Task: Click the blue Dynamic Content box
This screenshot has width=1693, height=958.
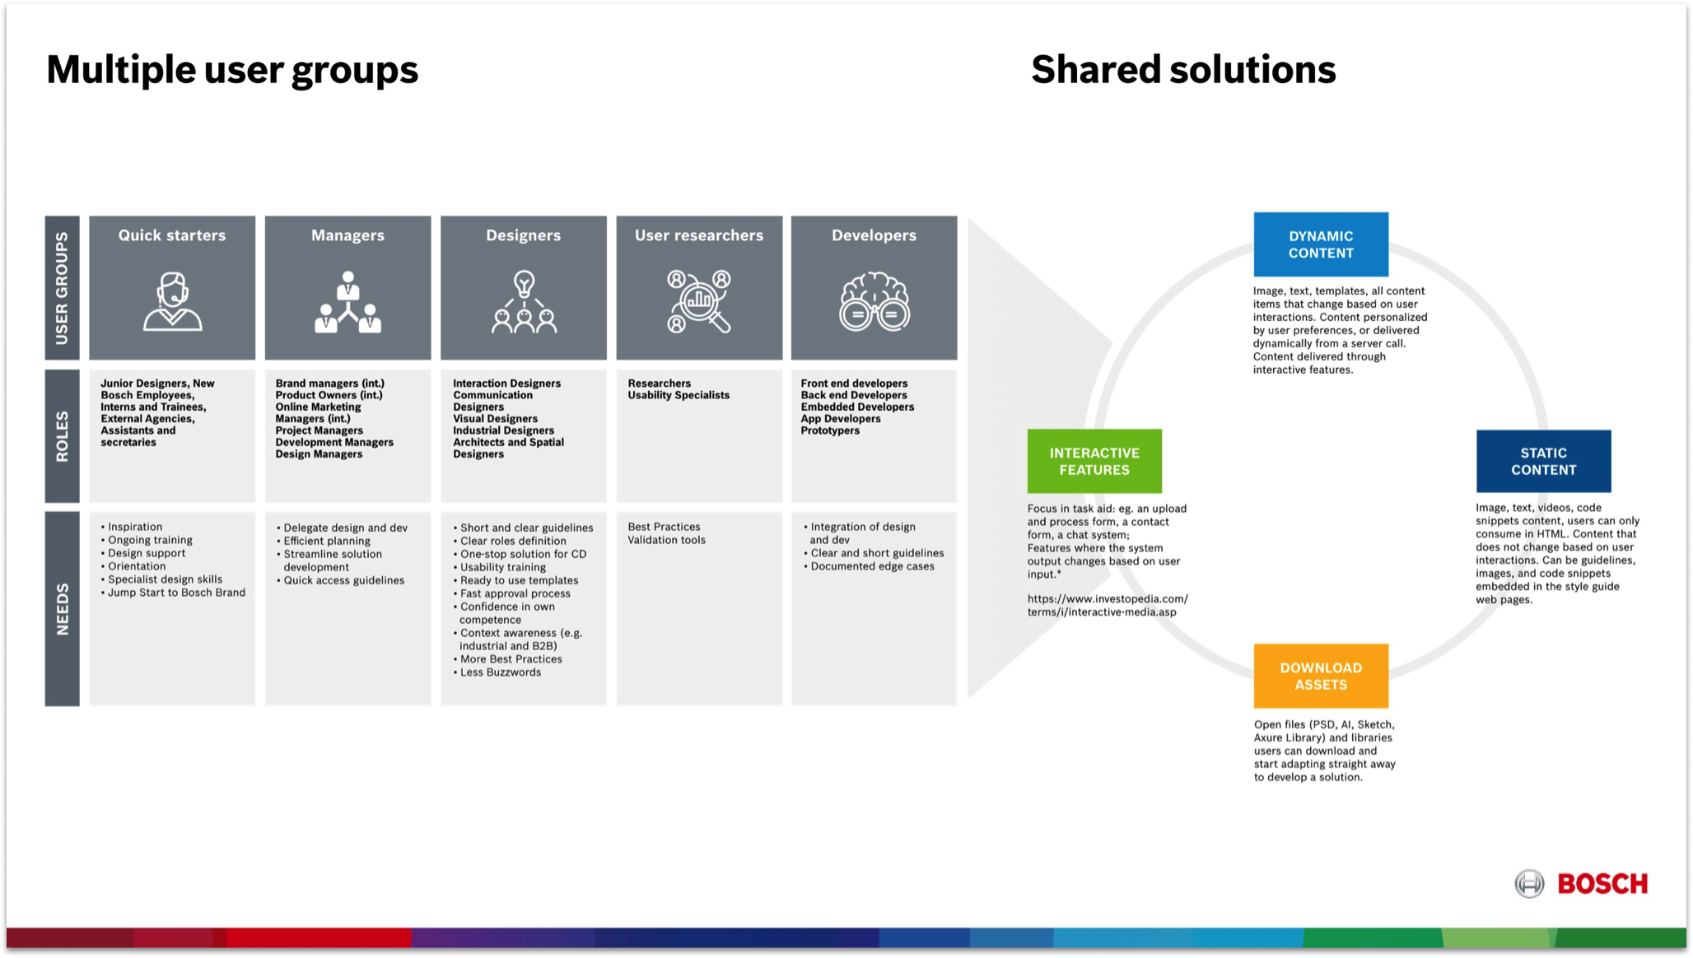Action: pyautogui.click(x=1320, y=244)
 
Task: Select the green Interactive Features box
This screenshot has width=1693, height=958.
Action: pyautogui.click(x=1094, y=461)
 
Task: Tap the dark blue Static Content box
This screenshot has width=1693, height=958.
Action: pyautogui.click(x=1542, y=461)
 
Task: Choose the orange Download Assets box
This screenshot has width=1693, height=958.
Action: pyautogui.click(x=1320, y=676)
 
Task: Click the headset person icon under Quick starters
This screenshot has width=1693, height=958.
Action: pyautogui.click(x=172, y=301)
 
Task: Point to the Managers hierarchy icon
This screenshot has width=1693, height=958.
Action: pyautogui.click(x=347, y=302)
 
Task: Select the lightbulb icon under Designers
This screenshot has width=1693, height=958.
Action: pyautogui.click(x=524, y=302)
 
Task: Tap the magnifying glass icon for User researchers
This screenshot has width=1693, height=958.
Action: pyautogui.click(x=699, y=302)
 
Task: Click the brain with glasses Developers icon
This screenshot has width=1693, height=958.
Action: pyautogui.click(x=874, y=302)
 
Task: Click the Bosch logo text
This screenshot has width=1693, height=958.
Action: pyautogui.click(x=1602, y=884)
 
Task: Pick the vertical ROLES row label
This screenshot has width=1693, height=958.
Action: pyautogui.click(x=63, y=436)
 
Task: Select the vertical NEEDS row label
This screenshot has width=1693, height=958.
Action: pyautogui.click(x=63, y=609)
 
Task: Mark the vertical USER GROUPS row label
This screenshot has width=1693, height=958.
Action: pyautogui.click(x=63, y=288)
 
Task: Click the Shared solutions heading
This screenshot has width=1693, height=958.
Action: pyautogui.click(x=1182, y=69)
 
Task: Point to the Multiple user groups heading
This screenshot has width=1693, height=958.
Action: pyautogui.click(x=232, y=69)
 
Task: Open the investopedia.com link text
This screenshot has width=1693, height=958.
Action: pyautogui.click(x=1107, y=605)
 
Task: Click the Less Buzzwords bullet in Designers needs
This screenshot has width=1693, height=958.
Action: pyautogui.click(x=500, y=672)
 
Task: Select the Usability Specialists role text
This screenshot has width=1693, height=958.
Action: pyautogui.click(x=679, y=395)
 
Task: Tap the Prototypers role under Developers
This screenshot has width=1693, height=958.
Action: pyautogui.click(x=830, y=430)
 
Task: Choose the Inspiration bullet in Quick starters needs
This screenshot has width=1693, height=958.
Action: pyautogui.click(x=135, y=527)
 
